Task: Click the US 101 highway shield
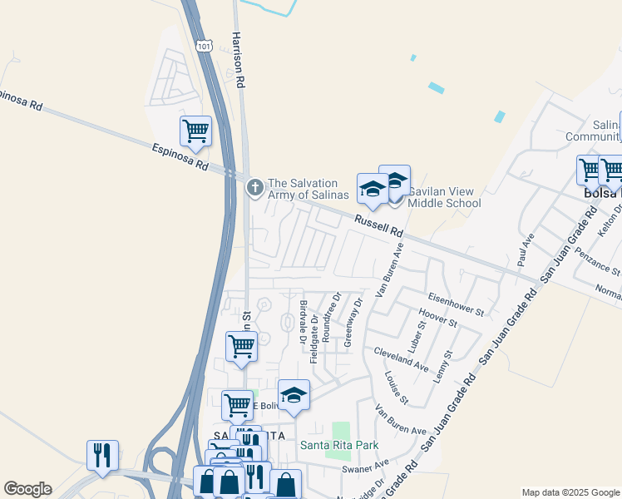point(205,47)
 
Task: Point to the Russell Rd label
point(378,225)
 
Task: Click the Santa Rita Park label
point(339,446)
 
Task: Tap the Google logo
point(27,489)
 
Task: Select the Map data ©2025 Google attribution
point(570,492)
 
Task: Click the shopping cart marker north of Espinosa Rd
point(195,131)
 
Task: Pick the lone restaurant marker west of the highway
point(102,455)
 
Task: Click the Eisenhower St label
point(457,304)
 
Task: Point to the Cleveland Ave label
point(401,358)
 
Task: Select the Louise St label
point(397,388)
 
